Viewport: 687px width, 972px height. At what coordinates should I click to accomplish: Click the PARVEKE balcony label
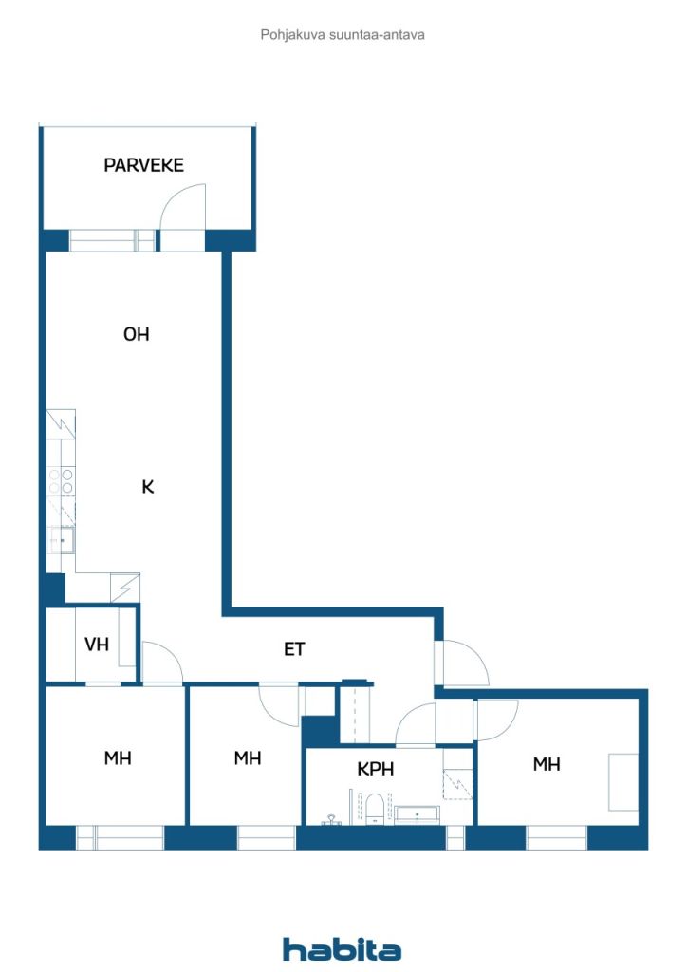[143, 165]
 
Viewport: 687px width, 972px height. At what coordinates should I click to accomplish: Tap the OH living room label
[137, 334]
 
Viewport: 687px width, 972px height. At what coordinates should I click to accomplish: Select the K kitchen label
[147, 487]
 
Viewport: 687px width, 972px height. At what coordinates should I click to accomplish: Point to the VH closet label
[97, 645]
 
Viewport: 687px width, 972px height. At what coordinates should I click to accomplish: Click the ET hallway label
[295, 649]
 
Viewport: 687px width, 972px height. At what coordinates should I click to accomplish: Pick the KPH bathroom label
[376, 769]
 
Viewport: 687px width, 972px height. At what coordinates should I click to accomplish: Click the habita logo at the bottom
[342, 949]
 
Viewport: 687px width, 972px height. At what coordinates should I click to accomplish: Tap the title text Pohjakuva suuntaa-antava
[343, 34]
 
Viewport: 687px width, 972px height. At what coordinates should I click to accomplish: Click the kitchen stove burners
[62, 480]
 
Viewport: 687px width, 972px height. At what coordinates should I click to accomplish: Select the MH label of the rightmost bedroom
[546, 763]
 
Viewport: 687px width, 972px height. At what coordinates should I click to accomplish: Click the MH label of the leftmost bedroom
[117, 758]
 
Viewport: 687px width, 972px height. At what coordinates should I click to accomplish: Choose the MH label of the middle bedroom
[247, 758]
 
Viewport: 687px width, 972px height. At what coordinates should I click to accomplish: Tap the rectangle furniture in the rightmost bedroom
[623, 781]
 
